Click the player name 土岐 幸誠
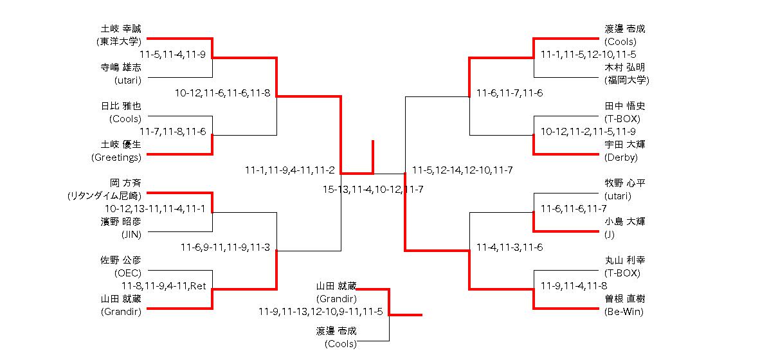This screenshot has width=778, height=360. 120,29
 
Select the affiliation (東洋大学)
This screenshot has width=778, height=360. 118,42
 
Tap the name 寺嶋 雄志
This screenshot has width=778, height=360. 120,67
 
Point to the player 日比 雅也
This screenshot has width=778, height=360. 120,106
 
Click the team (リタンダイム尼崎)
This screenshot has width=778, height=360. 104,196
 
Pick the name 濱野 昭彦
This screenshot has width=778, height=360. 120,222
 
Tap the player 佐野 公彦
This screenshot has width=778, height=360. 120,260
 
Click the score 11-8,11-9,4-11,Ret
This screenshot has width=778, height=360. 163,286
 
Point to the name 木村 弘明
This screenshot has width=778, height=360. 625,67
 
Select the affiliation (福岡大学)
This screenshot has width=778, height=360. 627,80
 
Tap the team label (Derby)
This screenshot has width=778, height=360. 621,157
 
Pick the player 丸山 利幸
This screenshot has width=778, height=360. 625,260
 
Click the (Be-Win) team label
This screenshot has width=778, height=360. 624,312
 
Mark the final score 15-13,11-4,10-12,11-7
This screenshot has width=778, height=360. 373,190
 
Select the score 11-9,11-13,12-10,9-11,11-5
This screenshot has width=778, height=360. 321,312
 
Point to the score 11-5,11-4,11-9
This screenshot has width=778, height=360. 172,55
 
